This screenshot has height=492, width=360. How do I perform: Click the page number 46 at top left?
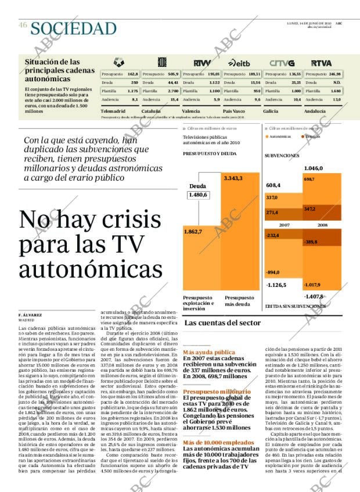23,25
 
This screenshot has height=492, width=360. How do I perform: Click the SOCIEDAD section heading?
74,27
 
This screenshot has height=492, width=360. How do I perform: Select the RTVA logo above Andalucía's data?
321,62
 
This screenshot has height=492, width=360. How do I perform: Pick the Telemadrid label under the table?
113,110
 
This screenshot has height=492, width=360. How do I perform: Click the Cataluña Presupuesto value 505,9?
173,74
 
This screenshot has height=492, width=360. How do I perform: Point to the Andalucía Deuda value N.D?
337,82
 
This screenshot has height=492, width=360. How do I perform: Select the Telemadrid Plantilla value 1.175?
132,91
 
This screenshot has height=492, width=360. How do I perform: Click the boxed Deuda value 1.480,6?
198,195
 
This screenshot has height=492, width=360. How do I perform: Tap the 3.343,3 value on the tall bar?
233,178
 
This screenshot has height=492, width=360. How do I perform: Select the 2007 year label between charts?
285,224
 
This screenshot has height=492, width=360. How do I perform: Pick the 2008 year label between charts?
322,224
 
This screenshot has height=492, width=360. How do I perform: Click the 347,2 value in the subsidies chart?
309,209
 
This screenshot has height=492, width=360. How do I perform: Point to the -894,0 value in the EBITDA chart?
273,272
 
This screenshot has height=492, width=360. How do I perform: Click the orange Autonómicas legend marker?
268,137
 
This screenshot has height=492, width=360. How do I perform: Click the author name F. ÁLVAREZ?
30,314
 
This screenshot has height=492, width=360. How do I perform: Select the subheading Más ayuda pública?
209,352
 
